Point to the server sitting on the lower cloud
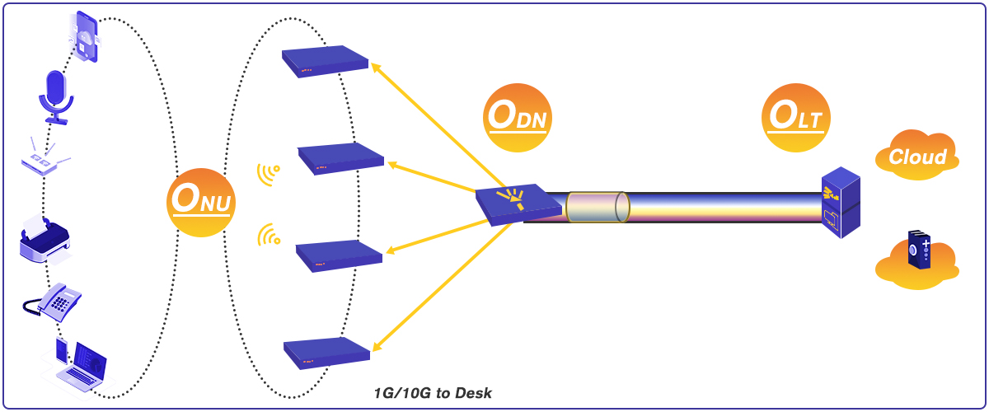coord(920,250)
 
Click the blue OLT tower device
coord(841,203)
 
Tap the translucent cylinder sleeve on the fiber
coord(598,207)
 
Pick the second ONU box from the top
coord(340,158)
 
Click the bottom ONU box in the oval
coord(326,353)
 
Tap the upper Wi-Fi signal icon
coord(268,173)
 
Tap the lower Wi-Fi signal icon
coord(268,236)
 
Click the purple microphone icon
coord(56,96)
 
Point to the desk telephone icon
coord(54,302)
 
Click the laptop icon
coord(82,365)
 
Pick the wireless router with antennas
coord(44,160)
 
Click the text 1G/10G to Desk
coord(433,393)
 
